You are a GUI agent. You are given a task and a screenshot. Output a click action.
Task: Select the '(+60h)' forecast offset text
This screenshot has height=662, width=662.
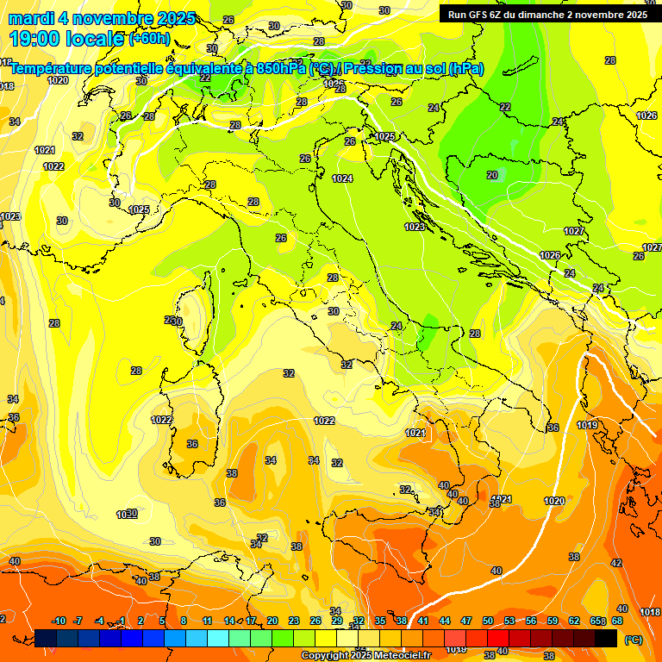pos(149,39)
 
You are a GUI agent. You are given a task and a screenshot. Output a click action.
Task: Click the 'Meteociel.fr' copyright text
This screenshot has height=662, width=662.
pos(393,656)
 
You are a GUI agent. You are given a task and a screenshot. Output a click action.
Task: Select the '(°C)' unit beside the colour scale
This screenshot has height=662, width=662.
pos(633,639)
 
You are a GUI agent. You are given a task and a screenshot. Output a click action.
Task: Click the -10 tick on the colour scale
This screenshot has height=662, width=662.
pos(59,621)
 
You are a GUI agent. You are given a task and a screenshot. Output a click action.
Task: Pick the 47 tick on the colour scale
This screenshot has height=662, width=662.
pos(466,621)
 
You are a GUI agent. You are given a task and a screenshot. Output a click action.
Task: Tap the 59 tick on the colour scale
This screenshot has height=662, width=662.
pos(553,621)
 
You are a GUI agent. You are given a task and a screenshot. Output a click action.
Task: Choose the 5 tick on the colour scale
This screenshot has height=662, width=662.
pos(162,621)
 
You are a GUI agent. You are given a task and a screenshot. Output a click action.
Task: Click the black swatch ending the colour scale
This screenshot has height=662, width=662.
pos(606,638)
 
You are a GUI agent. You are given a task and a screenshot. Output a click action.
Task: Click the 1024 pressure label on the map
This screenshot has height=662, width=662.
pos(342,178)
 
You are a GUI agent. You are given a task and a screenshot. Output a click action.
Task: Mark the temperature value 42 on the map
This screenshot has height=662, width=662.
pos(616,563)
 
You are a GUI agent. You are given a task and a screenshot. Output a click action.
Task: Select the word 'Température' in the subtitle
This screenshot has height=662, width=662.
pos(53,68)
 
